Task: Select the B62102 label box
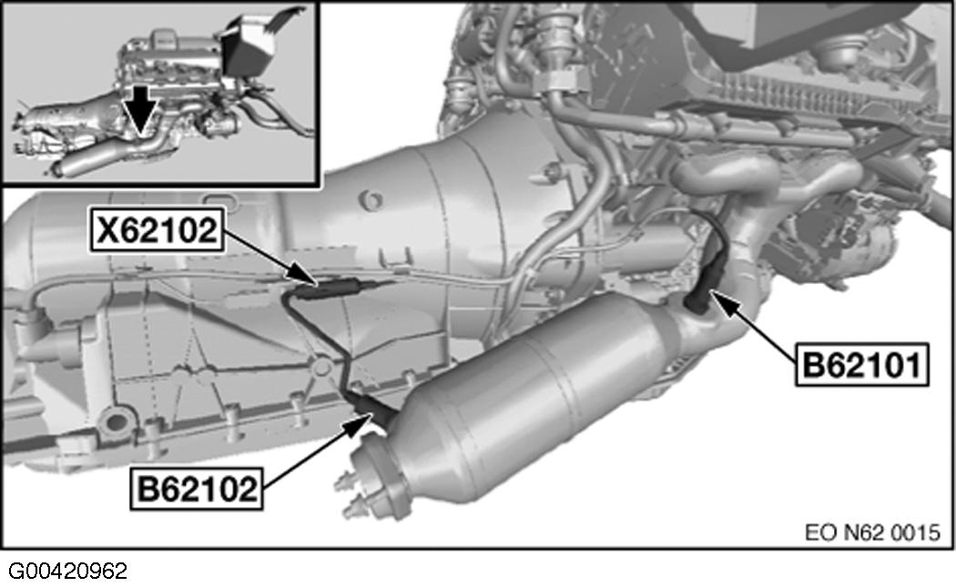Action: tap(196, 489)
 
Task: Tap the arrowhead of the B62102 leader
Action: tap(366, 418)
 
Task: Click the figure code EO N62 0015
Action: tap(871, 531)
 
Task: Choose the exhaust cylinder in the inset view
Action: tap(86, 165)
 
